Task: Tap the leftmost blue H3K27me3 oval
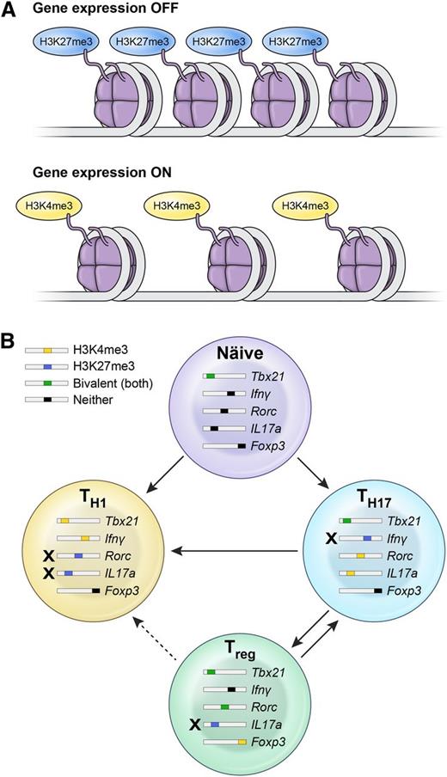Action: [66, 41]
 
